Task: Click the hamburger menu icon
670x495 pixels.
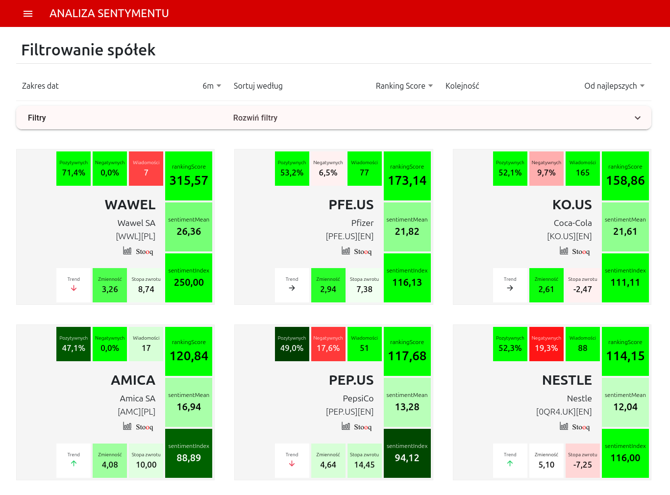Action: pyautogui.click(x=28, y=14)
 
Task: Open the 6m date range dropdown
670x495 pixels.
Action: pyautogui.click(x=212, y=86)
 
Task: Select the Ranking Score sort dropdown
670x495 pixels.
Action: pyautogui.click(x=404, y=86)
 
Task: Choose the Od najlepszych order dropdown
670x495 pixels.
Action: pyautogui.click(x=615, y=86)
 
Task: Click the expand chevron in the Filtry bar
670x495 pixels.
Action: pyautogui.click(x=637, y=118)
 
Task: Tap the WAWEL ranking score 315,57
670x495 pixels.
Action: pyautogui.click(x=189, y=181)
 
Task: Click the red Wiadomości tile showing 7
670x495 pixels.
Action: pyautogui.click(x=146, y=169)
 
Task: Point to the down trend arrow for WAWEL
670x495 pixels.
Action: pyautogui.click(x=74, y=288)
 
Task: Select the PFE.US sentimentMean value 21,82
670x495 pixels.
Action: pyautogui.click(x=407, y=231)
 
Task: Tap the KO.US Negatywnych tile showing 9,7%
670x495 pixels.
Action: pyautogui.click(x=546, y=169)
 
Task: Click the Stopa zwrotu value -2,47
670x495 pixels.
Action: pyautogui.click(x=582, y=289)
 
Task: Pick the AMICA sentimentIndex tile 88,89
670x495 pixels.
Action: pyautogui.click(x=189, y=453)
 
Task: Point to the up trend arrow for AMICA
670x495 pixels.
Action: pyautogui.click(x=74, y=463)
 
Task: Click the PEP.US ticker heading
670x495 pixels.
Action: pyautogui.click(x=351, y=380)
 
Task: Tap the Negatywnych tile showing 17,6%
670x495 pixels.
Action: pyautogui.click(x=328, y=344)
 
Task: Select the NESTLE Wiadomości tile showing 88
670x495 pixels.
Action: pyautogui.click(x=582, y=344)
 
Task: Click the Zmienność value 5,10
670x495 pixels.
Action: pyautogui.click(x=546, y=465)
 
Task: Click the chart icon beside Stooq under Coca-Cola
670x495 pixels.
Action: pyautogui.click(x=564, y=250)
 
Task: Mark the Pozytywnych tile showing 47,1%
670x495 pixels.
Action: pyautogui.click(x=74, y=344)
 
